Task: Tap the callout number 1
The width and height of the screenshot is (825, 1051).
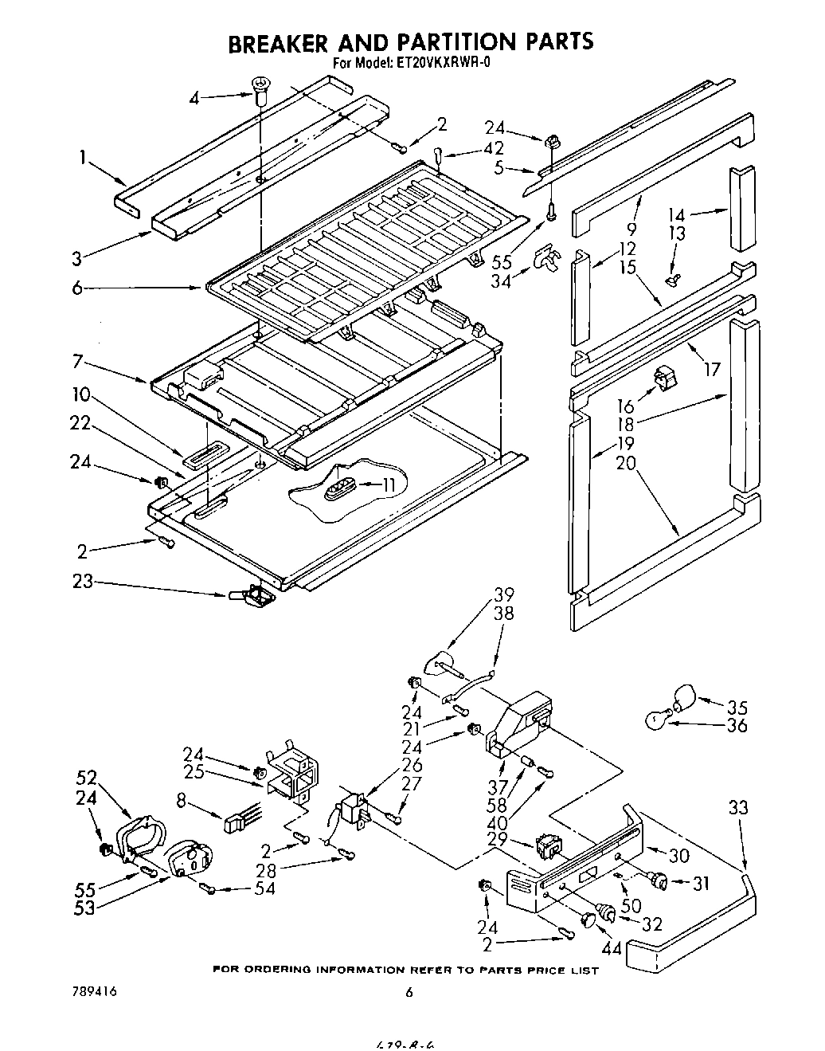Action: (83, 158)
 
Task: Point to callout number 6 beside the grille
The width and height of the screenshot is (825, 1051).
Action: (77, 288)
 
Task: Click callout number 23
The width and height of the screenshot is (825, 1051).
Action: (82, 582)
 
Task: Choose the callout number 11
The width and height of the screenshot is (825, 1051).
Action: (389, 484)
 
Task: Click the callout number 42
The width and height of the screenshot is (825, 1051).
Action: (494, 148)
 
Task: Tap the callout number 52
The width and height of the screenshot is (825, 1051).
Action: (87, 777)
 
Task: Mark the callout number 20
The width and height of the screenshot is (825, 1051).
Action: (626, 464)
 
